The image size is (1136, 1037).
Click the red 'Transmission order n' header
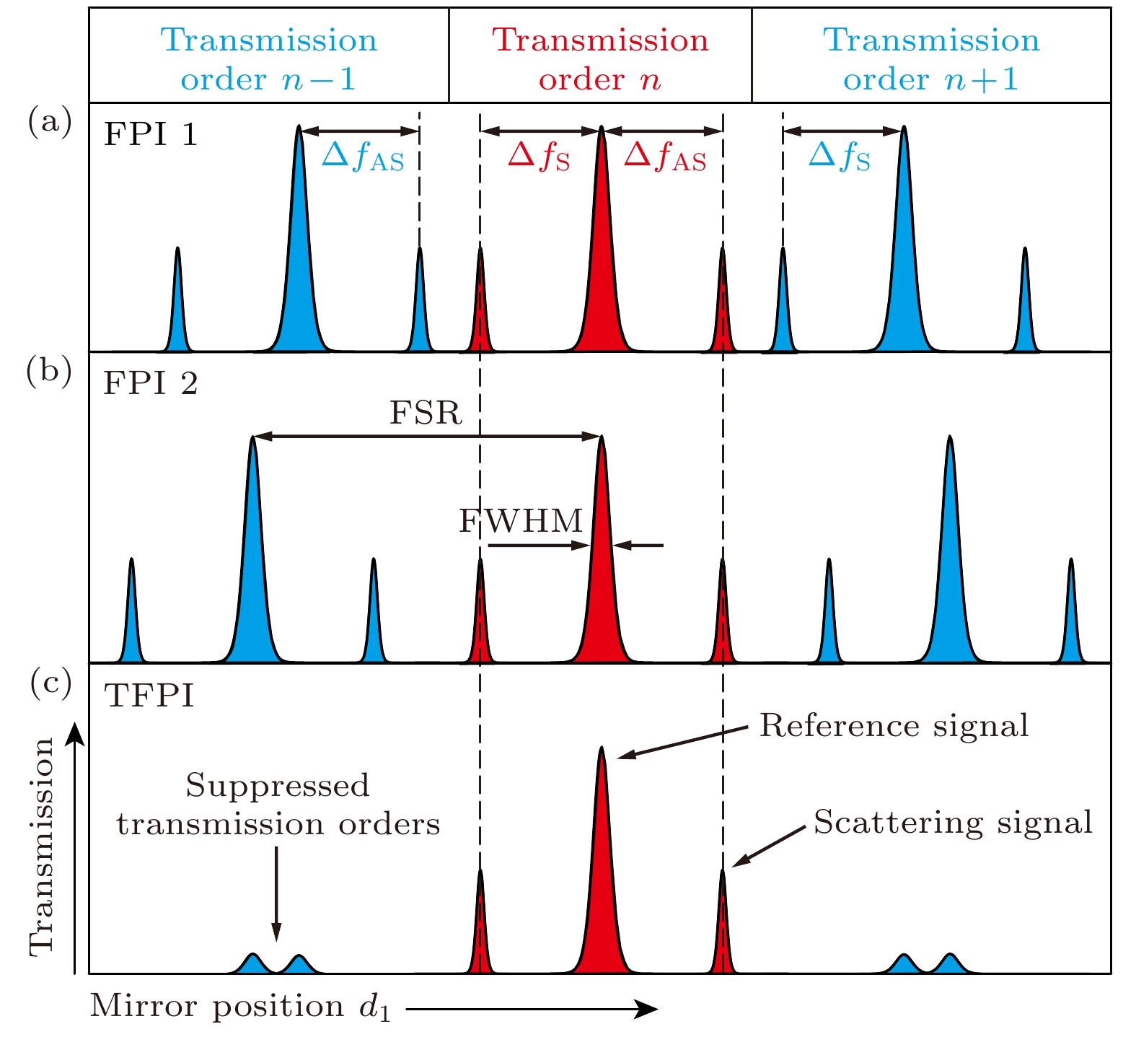600,59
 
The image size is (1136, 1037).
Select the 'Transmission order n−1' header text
268,59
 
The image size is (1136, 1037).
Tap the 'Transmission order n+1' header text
931,59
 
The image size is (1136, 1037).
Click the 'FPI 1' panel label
150,134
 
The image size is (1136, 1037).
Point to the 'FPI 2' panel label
150,383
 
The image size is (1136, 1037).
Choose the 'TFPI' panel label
149,696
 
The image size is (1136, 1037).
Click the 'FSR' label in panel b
426,413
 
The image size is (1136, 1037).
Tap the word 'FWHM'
521,520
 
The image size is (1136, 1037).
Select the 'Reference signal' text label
894,725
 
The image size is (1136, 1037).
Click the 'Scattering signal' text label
953,822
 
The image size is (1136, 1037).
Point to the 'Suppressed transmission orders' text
278,805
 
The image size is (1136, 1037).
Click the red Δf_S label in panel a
539,156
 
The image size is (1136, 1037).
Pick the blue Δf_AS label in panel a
363,156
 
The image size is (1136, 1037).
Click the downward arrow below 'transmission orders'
276,895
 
